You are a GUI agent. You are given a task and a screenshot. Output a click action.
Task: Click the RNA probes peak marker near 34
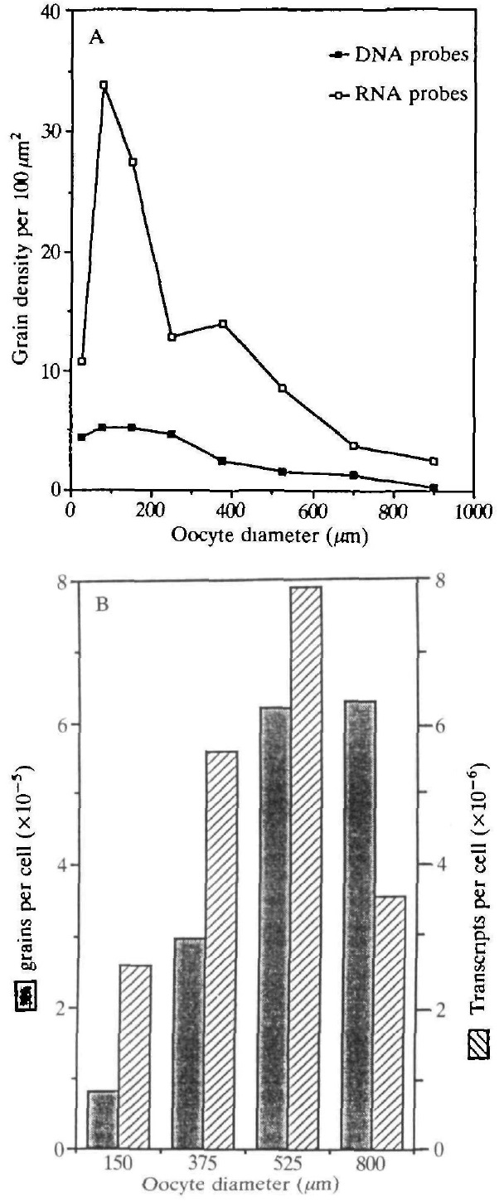104,85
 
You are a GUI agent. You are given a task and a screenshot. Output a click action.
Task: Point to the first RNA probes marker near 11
81,361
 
